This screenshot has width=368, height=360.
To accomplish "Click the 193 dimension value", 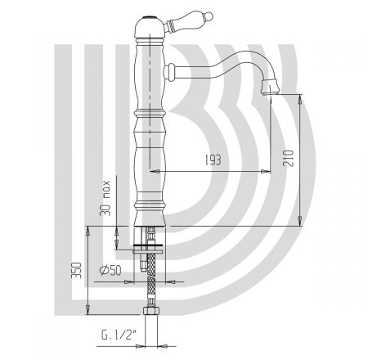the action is coord(213,160).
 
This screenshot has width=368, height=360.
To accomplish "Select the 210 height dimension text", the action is coord(289,158).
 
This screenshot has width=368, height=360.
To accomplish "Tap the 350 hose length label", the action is coord(76,270).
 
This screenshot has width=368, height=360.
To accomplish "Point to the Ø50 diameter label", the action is coord(110,270).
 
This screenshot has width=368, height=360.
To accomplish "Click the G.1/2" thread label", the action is coord(119,335).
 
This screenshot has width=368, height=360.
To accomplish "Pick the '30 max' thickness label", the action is coord(105,198).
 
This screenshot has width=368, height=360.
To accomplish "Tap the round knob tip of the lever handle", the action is coord(208,15).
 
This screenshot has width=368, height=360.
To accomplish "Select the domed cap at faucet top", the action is coord(150,27).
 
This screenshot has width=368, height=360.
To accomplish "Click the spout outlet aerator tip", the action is coord(269,88).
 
